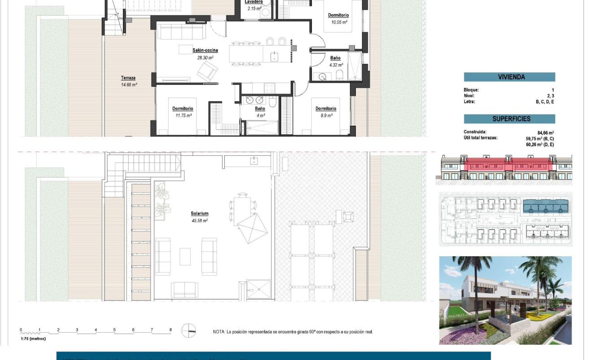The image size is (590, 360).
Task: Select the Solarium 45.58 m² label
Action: tap(199, 214)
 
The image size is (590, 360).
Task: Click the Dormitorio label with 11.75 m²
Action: tap(183, 109)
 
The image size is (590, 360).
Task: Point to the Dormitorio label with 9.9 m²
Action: tap(326, 109)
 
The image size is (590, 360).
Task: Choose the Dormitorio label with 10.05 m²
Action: tap(338, 15)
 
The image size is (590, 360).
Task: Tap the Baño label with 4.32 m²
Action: tap(335, 58)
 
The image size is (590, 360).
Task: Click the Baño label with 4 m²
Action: tap(260, 109)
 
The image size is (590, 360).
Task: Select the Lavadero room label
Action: tap(254, 2)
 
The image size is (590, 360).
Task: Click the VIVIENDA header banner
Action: tap(509, 77)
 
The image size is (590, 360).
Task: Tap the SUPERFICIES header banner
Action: tap(509, 119)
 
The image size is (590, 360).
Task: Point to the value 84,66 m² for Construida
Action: tap(545, 132)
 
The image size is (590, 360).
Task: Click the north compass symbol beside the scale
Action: tap(189, 331)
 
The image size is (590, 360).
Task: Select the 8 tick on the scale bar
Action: tap(170, 330)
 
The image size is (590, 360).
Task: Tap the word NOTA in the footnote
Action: tap(219, 332)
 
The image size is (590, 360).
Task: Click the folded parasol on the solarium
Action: tap(253, 227)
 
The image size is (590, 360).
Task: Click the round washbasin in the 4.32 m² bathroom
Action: tap(323, 77)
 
